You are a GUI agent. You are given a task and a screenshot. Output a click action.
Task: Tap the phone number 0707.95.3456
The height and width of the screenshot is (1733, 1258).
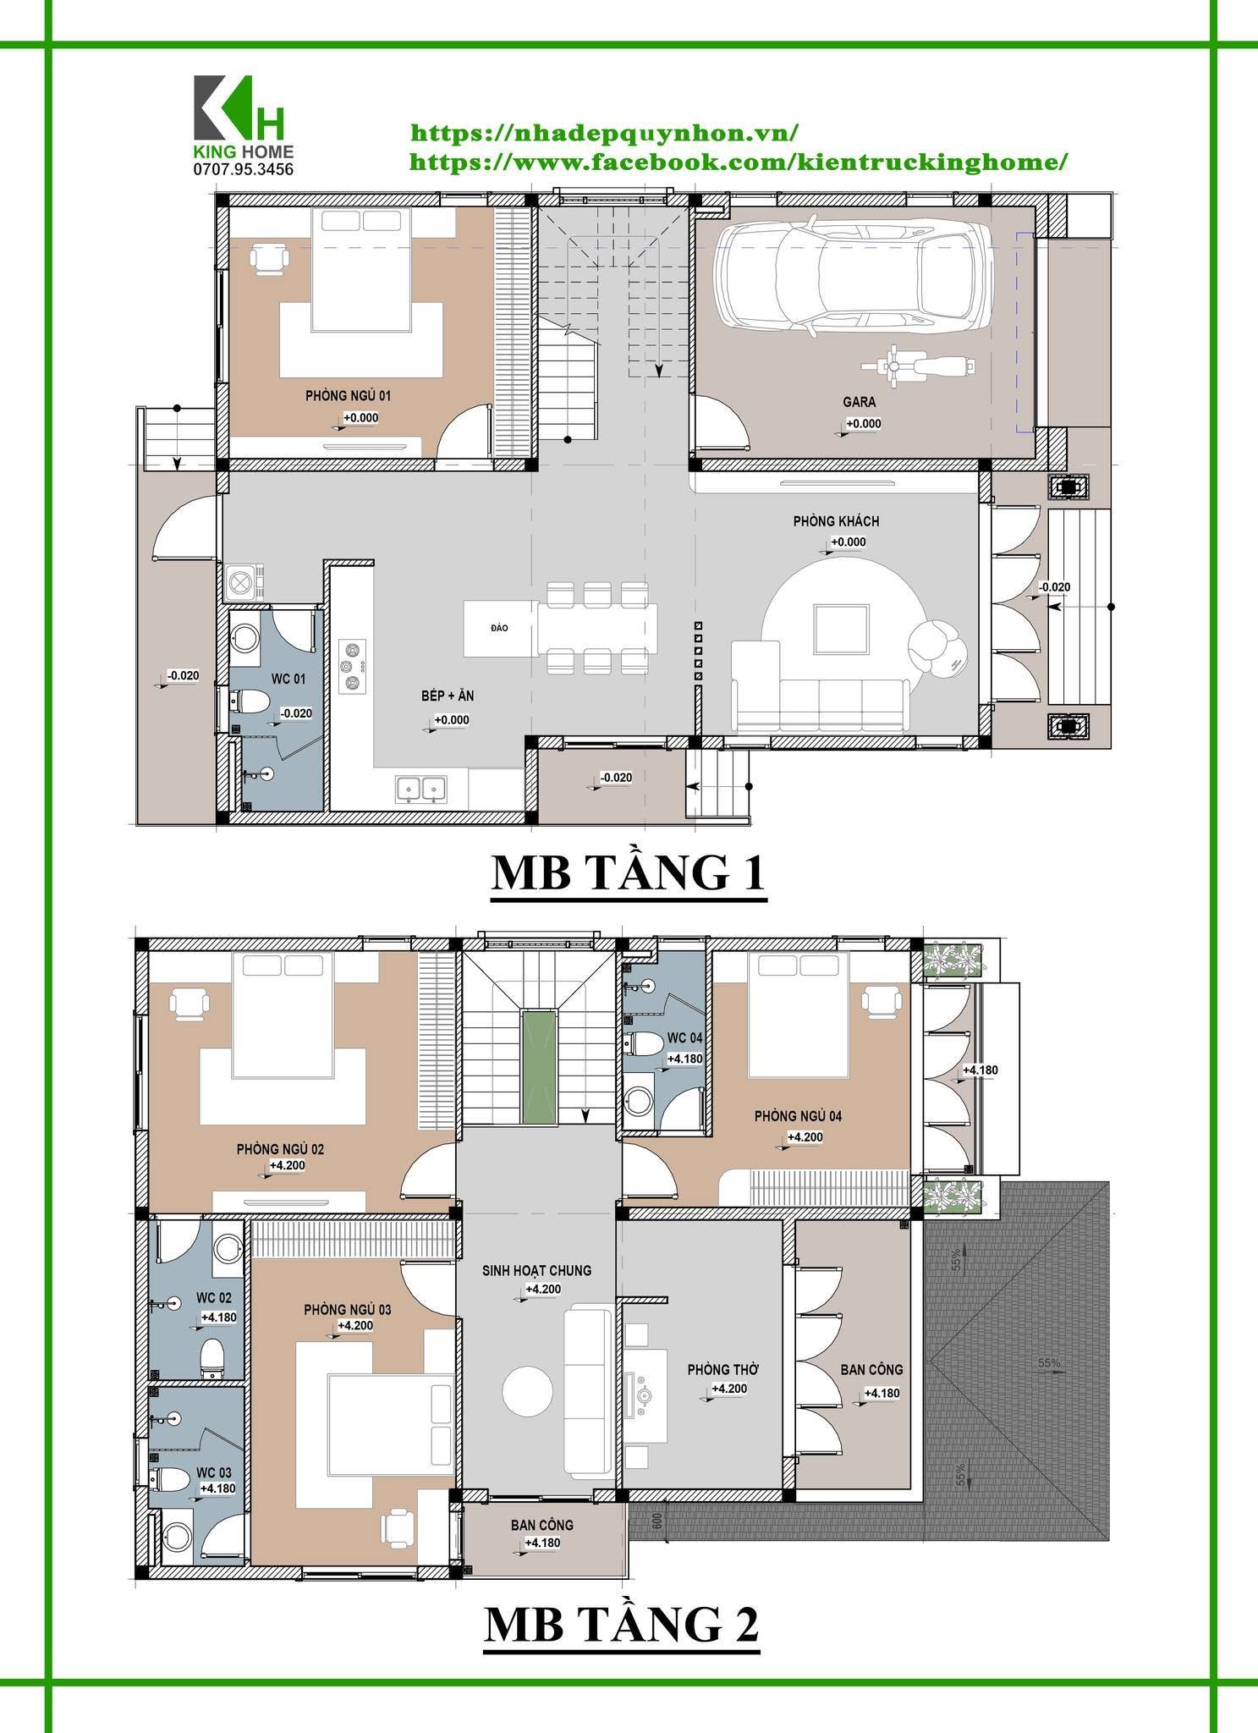244,169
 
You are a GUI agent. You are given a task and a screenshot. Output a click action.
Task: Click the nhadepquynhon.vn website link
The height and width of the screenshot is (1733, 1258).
604,133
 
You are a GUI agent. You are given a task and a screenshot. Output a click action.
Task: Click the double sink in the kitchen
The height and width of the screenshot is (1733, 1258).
420,789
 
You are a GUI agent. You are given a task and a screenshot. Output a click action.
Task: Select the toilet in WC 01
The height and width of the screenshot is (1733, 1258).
251,701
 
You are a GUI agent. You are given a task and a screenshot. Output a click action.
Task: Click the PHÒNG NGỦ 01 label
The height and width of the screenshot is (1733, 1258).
348,395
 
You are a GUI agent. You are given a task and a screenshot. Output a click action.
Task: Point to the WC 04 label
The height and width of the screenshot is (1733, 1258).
684,1038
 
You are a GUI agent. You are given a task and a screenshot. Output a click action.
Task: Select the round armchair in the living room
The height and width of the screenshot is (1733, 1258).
937,648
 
